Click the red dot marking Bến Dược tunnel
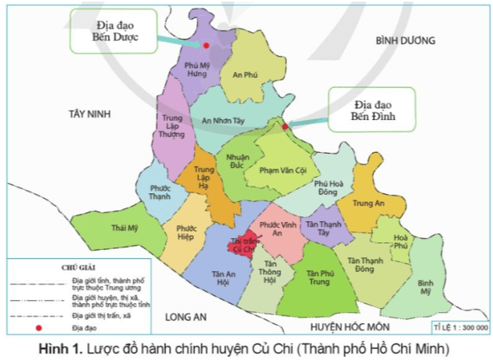[x=205, y=46]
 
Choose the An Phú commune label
[x=246, y=75]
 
